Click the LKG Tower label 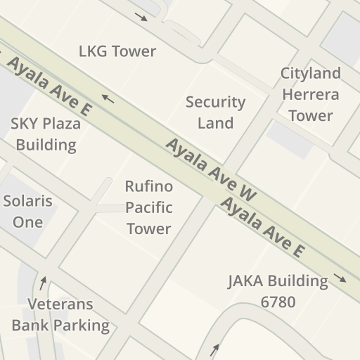pyautogui.click(x=117, y=51)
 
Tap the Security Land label pyautogui.click(x=215, y=112)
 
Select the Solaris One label pyautogui.click(x=28, y=211)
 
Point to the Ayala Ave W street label pyautogui.click(x=211, y=169)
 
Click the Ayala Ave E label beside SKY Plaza pyautogui.click(x=49, y=86)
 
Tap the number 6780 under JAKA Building pyautogui.click(x=278, y=302)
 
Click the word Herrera pyautogui.click(x=310, y=94)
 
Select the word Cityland pyautogui.click(x=310, y=73)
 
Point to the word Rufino pyautogui.click(x=148, y=186)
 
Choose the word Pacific pyautogui.click(x=148, y=207)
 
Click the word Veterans pyautogui.click(x=60, y=304)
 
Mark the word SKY pyautogui.click(x=25, y=124)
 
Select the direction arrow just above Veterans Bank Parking pyautogui.click(x=43, y=283)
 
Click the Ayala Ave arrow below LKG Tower pyautogui.click(x=108, y=98)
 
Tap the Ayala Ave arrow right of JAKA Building pyautogui.click(x=340, y=278)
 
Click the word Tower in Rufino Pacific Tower pyautogui.click(x=148, y=229)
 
